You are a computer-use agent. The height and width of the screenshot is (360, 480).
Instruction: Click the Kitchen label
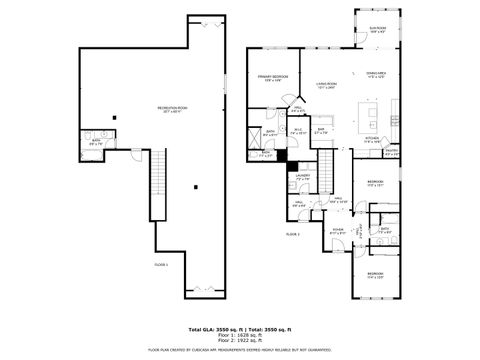(372, 139)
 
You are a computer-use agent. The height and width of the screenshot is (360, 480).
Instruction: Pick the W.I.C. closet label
(297, 129)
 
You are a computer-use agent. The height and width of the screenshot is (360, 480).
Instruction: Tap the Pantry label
(391, 152)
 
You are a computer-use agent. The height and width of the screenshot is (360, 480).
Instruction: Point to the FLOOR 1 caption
(161, 264)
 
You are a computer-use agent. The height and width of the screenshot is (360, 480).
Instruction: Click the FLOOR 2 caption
(293, 233)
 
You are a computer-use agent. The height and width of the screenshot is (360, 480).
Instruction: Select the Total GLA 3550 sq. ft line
(240, 327)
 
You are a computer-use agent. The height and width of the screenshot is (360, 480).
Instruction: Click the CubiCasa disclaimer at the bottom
(240, 350)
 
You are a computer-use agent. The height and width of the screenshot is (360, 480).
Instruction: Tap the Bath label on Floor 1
(96, 142)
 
